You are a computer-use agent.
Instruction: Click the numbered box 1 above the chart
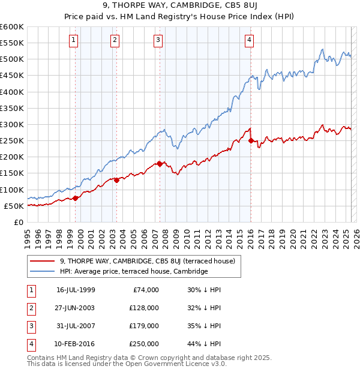tap(73, 40)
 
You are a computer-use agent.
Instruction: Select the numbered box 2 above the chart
tap(115, 40)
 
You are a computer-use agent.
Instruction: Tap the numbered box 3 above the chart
tap(158, 40)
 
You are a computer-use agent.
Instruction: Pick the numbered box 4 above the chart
tap(248, 40)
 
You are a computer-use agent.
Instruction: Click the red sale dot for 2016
tap(250, 140)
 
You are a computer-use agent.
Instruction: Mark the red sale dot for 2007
tap(160, 163)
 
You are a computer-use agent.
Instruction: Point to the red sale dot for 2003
tap(116, 180)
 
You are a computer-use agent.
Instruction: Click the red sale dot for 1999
tap(76, 198)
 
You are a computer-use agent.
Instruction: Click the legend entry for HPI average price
tap(133, 272)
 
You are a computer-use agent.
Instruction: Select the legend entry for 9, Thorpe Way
tap(151, 261)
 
